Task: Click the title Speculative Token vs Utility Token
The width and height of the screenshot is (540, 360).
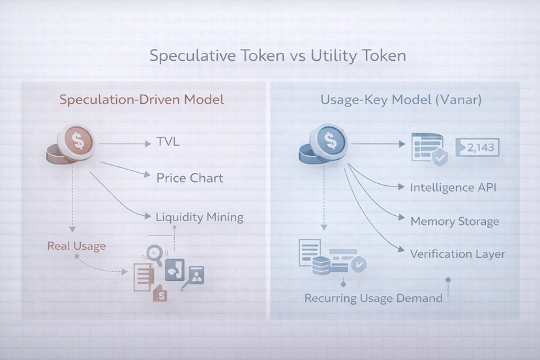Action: [x=278, y=55]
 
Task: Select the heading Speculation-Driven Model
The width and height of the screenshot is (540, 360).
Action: [x=142, y=100]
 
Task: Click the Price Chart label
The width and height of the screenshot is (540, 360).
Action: [x=190, y=177]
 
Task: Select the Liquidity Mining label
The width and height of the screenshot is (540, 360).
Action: [x=200, y=217]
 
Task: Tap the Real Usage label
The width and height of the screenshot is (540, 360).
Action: [x=76, y=246]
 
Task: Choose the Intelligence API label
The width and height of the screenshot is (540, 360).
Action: [x=453, y=187]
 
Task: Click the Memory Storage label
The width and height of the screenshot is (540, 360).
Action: [x=455, y=221]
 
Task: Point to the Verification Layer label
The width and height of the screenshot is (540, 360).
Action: [x=457, y=254]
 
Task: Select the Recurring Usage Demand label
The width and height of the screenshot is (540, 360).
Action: [x=373, y=298]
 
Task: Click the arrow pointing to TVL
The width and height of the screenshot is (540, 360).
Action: [x=124, y=143]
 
